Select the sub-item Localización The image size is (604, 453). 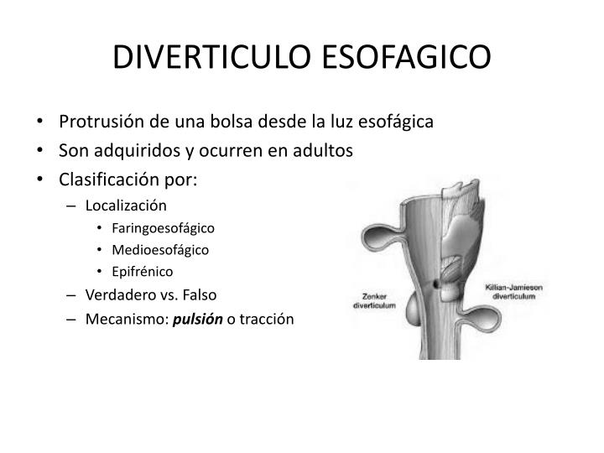(x=126, y=206)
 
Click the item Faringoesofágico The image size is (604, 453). (x=162, y=227)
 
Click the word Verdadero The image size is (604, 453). (x=122, y=295)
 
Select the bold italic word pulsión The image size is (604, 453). (x=199, y=320)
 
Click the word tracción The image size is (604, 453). (x=267, y=320)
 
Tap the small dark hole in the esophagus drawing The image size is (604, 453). (x=438, y=287)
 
